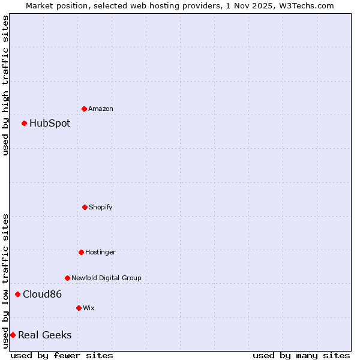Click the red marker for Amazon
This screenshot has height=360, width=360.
click(85, 109)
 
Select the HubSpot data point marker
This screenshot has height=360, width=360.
click(25, 123)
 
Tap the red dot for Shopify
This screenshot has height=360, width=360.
click(85, 207)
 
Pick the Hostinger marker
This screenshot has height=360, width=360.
click(81, 252)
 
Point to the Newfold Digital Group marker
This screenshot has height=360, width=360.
click(67, 278)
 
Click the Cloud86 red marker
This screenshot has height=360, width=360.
click(18, 294)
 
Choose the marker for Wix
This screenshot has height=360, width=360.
click(79, 308)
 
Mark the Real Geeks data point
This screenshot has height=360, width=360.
click(13, 335)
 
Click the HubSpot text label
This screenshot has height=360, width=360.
click(50, 124)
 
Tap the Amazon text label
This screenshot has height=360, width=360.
click(101, 109)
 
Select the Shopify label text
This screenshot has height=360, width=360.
click(101, 208)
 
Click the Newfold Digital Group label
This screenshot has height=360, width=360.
click(106, 278)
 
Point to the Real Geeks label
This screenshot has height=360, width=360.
click(44, 335)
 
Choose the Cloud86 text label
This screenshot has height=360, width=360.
click(42, 295)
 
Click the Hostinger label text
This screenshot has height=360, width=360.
click(100, 253)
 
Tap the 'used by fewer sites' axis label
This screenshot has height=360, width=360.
click(62, 355)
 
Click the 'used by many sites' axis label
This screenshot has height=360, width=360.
click(301, 355)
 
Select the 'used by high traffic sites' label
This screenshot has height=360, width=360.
click(5, 85)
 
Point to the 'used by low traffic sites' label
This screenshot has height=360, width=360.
click(5, 280)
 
